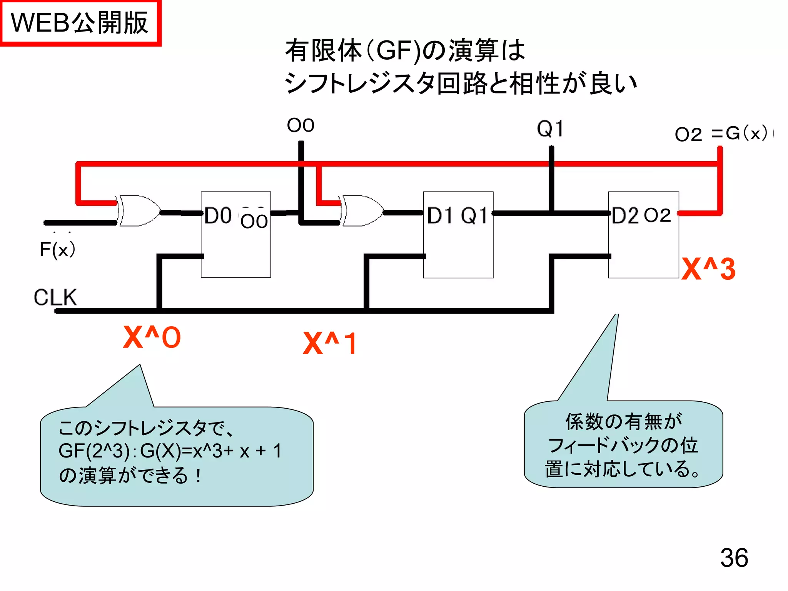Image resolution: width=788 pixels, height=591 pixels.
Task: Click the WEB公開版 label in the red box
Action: [80, 23]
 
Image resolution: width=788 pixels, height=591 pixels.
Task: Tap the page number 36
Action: [734, 558]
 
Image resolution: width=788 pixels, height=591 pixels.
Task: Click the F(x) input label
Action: [57, 249]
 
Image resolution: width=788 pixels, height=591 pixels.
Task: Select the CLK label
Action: [55, 297]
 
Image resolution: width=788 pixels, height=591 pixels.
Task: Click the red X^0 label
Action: [152, 337]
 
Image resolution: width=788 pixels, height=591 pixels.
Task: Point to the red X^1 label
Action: [330, 343]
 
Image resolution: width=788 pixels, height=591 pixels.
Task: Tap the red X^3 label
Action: [708, 269]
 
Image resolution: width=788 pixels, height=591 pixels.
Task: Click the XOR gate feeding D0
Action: [139, 211]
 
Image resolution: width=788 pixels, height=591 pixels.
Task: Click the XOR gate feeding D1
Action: [362, 211]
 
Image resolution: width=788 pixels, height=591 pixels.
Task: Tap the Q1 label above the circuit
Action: [550, 129]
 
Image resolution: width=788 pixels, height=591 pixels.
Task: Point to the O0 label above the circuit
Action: [301, 125]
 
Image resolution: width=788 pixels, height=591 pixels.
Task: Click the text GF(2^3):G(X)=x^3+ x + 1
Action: [170, 451]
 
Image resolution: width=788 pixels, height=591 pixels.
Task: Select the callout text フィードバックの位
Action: [623, 446]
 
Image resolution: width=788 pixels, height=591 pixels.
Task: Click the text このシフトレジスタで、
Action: [146, 428]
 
